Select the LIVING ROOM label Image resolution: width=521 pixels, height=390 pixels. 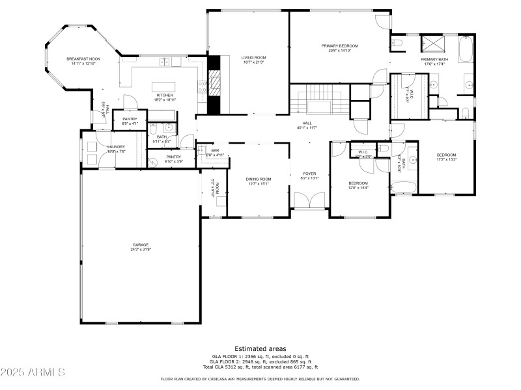click(253, 57)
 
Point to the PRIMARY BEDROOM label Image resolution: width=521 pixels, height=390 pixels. click(340, 45)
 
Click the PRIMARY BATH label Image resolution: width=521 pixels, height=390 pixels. click(435, 59)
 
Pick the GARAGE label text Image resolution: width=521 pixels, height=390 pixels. click(141, 244)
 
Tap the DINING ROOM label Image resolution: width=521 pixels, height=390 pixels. click(258, 179)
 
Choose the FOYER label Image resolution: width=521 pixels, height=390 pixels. click(309, 174)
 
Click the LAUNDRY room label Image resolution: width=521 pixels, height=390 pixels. click(116, 147)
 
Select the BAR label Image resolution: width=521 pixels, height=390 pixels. click(214, 151)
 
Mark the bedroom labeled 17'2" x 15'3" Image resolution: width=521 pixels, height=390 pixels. click(446, 154)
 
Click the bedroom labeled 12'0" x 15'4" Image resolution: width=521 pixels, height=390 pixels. click(358, 183)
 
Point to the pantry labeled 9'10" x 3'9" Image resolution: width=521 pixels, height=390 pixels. click(173, 157)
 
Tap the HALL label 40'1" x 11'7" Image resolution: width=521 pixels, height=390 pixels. click(307, 123)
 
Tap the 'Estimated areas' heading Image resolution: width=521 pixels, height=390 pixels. click(260, 349)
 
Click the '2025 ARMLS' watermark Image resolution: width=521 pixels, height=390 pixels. click(33, 372)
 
